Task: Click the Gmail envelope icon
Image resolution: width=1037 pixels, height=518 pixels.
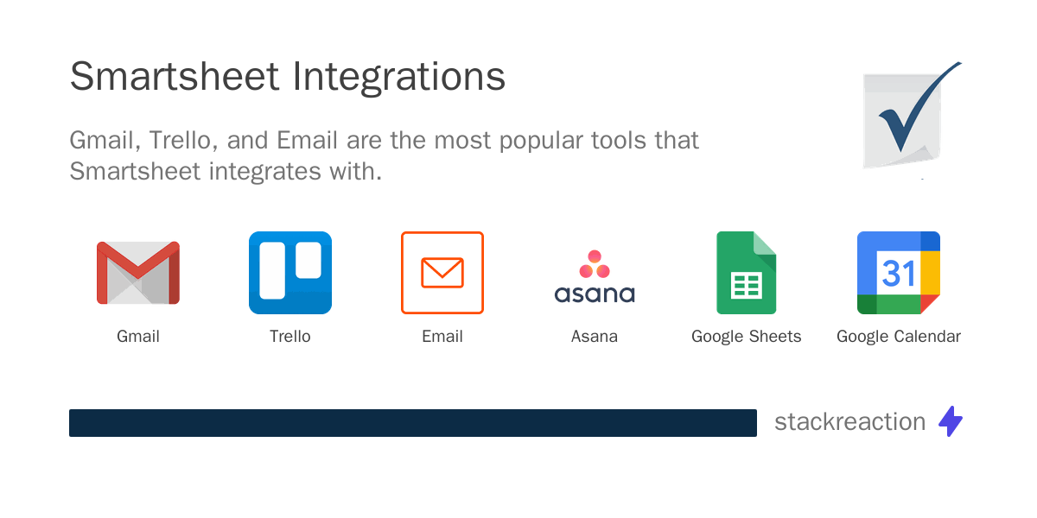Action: tap(138, 273)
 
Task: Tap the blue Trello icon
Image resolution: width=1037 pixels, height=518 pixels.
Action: tap(290, 273)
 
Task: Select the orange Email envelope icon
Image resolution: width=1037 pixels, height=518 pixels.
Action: tap(442, 273)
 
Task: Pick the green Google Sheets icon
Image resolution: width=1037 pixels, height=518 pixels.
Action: tap(747, 273)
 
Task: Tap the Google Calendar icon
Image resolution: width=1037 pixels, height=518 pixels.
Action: tap(899, 273)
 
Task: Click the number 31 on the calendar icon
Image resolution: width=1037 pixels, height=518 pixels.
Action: tap(899, 273)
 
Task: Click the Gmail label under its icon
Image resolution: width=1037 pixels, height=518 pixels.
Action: tap(138, 337)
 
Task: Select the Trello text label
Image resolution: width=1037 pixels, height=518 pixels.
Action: tap(290, 337)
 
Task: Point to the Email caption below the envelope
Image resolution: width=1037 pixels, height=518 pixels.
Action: tap(442, 337)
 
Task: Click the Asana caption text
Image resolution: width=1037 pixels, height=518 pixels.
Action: tap(595, 337)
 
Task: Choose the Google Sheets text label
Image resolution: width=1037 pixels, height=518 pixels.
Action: tap(747, 337)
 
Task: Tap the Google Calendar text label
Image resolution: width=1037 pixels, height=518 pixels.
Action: tap(899, 337)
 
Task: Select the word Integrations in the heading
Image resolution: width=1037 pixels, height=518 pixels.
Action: tap(398, 77)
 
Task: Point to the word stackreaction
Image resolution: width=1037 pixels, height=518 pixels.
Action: tap(849, 422)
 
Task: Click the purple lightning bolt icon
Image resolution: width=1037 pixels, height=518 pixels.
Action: tap(951, 421)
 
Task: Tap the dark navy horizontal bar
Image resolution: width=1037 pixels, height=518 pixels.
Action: tap(413, 423)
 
